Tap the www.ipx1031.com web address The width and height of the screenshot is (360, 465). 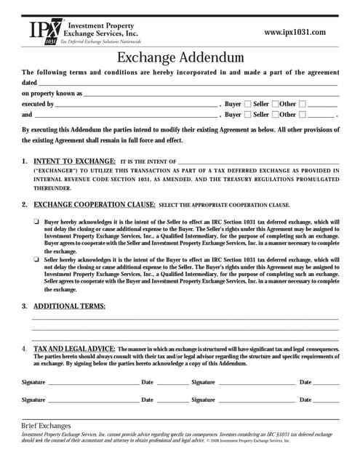coord(294,32)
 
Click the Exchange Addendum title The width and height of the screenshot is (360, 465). coord(180,56)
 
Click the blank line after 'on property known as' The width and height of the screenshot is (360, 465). coord(211,94)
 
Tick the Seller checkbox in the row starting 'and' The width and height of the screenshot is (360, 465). coord(275,115)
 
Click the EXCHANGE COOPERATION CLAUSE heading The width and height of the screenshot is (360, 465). coord(94,204)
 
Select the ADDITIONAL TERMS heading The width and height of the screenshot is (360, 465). coord(69,306)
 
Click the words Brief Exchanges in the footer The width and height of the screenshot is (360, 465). coord(47,425)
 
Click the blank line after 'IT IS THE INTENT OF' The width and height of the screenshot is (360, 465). coord(258,161)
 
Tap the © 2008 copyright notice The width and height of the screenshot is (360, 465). coord(248,440)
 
